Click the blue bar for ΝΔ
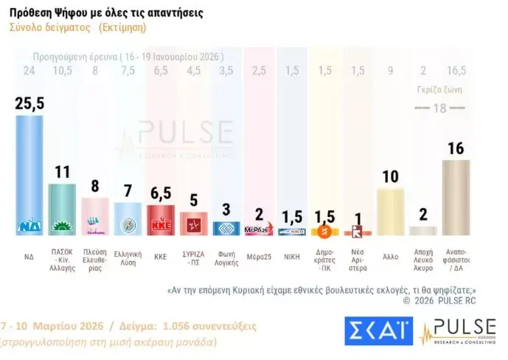(29, 173)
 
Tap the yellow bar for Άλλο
(391, 211)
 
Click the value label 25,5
(29, 103)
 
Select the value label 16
(456, 148)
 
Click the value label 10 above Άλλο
(391, 176)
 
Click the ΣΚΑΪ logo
(376, 330)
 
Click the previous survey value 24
(29, 70)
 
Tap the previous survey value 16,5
(456, 70)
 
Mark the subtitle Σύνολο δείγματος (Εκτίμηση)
(77, 27)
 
